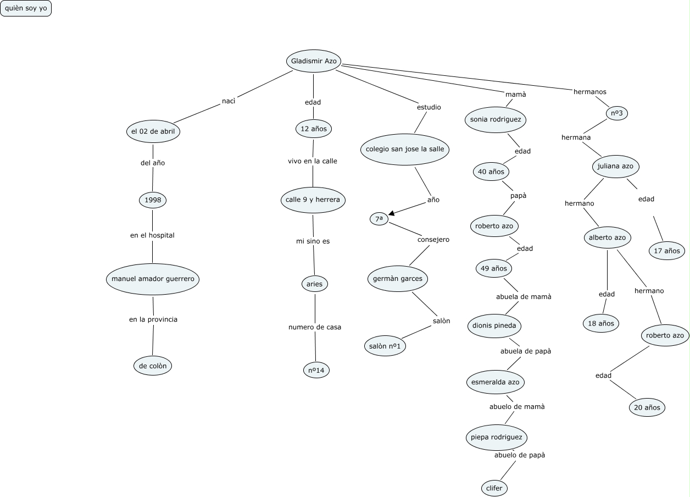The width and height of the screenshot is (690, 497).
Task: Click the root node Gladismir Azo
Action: [313, 60]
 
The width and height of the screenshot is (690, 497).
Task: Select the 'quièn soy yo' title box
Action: [26, 8]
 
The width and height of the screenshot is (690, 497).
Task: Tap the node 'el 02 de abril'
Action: [153, 131]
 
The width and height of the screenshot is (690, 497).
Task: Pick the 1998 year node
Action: [153, 200]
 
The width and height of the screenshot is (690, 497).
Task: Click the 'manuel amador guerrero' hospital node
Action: [153, 279]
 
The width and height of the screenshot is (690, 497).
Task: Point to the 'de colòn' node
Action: [153, 365]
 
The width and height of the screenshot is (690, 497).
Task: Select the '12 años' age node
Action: [313, 129]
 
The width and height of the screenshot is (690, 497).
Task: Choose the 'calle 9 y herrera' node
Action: [313, 200]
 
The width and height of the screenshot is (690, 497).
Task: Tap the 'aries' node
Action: [315, 284]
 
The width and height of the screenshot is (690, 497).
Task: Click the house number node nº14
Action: [316, 371]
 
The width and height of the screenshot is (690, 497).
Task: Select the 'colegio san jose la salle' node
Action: [405, 149]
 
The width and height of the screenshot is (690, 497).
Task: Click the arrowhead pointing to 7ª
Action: [392, 214]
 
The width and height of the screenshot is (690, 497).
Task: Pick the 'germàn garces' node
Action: [398, 279]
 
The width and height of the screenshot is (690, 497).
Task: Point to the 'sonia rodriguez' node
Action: [496, 119]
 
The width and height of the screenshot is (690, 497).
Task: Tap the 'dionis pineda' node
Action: [494, 325]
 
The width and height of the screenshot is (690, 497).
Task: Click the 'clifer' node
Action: [494, 488]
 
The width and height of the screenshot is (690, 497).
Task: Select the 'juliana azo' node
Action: [616, 166]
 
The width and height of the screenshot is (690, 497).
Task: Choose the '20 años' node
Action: [647, 408]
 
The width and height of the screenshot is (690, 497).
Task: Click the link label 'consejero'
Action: [433, 240]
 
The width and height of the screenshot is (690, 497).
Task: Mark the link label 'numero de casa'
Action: [315, 327]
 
